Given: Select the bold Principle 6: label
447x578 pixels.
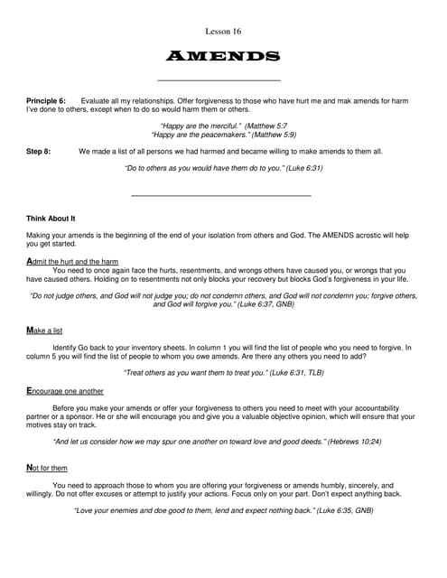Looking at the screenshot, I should (x=46, y=100).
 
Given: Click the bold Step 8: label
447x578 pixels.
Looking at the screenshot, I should (x=39, y=151).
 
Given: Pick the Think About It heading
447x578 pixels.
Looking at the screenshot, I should (x=51, y=218).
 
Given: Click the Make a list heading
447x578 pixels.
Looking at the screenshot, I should (x=51, y=331).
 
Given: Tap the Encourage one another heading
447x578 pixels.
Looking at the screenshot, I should (x=65, y=391).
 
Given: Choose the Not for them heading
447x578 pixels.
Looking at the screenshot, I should (x=47, y=468).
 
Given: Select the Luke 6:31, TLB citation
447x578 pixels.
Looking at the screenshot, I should (x=291, y=372).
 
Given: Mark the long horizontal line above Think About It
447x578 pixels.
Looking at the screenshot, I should (x=220, y=195).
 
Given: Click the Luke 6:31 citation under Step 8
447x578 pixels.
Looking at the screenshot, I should (x=297, y=168).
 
